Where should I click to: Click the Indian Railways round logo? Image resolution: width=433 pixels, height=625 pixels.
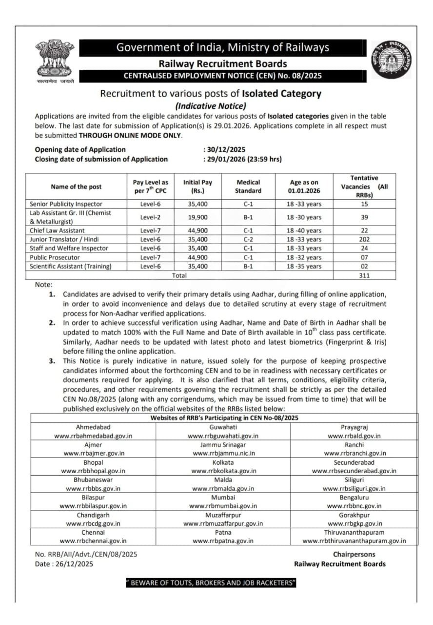[x=391, y=59]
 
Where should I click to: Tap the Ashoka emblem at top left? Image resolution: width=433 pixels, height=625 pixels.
[x=55, y=61]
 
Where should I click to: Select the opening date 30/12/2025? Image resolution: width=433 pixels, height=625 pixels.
[x=225, y=149]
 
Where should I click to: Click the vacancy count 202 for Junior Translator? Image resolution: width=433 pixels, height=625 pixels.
[x=364, y=239]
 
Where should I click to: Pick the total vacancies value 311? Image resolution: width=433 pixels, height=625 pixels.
[x=364, y=275]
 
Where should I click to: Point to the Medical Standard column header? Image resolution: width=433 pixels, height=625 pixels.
[x=248, y=187]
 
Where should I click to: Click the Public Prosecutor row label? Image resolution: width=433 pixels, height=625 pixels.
[x=55, y=257]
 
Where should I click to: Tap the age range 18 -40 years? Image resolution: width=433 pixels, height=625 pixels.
[x=304, y=230]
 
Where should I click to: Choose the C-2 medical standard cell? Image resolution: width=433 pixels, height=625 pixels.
[x=248, y=239]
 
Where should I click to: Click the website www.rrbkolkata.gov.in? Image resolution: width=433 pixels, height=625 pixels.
[x=223, y=471]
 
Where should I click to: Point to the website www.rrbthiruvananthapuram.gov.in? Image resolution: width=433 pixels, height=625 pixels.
[x=354, y=541]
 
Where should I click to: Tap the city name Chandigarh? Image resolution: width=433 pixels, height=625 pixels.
[x=93, y=515]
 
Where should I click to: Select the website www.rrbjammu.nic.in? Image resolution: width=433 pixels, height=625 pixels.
[x=224, y=453]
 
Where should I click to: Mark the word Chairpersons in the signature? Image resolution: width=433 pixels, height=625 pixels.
[x=354, y=554]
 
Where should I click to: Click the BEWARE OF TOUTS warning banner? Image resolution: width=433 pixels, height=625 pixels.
[x=211, y=583]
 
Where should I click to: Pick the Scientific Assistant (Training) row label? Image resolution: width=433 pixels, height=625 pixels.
[x=70, y=266]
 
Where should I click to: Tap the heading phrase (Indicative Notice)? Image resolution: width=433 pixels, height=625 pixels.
[x=211, y=106]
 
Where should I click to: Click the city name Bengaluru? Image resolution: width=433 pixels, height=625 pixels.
[x=354, y=497]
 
